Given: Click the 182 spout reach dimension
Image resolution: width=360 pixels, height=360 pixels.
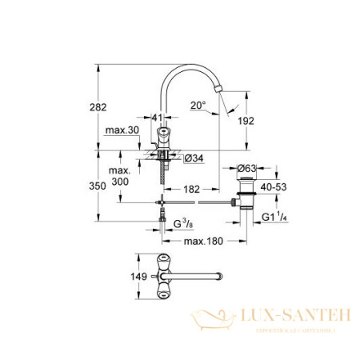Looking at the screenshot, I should click(190, 190).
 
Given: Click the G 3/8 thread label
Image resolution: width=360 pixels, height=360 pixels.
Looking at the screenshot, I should click(186, 216).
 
